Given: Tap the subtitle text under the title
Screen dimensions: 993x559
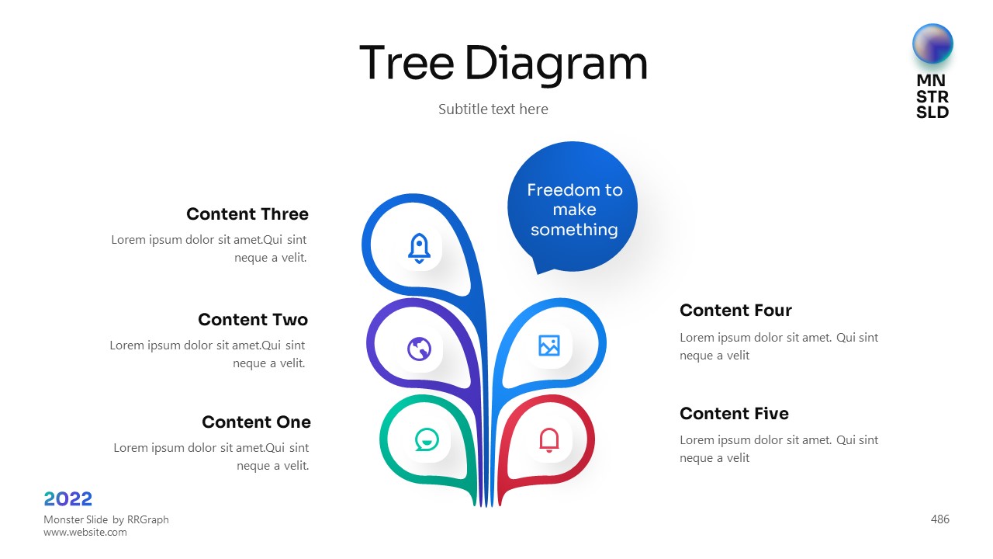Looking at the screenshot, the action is pos(493,109).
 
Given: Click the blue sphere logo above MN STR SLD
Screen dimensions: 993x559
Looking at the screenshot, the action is pos(932,44).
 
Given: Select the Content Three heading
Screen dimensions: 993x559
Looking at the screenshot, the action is pos(247,214).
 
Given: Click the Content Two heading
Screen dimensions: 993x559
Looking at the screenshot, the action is pos(253,319).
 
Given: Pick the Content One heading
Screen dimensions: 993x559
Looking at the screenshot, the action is pos(256,422).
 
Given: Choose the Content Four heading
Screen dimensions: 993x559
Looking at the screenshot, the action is pos(735,310).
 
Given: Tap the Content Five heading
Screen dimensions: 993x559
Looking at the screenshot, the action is pos(734,414).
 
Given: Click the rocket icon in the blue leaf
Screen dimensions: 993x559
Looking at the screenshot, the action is pos(419,248).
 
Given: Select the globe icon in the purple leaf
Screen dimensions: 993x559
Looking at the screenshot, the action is pos(419,349).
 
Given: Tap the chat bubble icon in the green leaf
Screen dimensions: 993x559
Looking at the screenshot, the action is pos(427,439).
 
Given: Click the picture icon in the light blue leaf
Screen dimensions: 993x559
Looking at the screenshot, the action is pos(548,345).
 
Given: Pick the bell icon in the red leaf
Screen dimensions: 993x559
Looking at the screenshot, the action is pos(548,440).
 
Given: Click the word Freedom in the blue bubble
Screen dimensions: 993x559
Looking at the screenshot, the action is pos(555,190).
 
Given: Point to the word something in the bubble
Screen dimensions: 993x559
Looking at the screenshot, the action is pos(574,230).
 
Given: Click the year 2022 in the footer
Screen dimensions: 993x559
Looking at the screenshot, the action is pos(67,499).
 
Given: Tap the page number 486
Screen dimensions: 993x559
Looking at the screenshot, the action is pos(939,519).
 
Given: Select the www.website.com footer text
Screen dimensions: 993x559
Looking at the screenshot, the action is pos(85,533).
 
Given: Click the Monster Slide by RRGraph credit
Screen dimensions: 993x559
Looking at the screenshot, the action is pos(106,519).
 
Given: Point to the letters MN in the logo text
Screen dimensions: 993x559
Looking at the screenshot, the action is pos(931,80).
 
